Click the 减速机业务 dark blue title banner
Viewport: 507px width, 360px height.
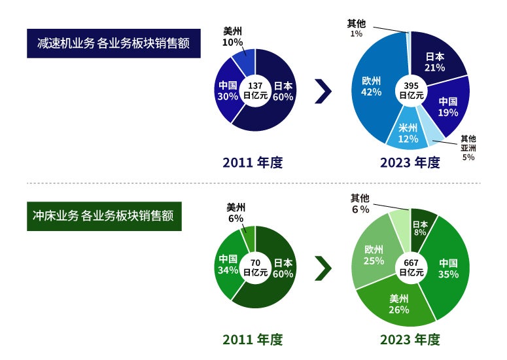(x=113, y=43)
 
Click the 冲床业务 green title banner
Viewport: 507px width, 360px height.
(x=104, y=216)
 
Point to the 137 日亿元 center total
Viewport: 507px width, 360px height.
(x=255, y=90)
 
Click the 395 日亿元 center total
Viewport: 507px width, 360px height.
(x=411, y=90)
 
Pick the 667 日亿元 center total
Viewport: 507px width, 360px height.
(x=411, y=268)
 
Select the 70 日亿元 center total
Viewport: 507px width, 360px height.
(x=255, y=268)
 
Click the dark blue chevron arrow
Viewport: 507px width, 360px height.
(x=323, y=91)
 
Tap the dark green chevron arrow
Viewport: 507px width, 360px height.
(x=323, y=268)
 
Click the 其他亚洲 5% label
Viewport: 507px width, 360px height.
(x=468, y=148)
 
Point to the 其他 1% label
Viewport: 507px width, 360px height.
(x=357, y=27)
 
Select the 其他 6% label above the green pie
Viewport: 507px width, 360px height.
(x=360, y=204)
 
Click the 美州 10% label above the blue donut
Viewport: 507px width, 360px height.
(x=232, y=37)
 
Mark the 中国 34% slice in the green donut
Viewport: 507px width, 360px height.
(x=228, y=264)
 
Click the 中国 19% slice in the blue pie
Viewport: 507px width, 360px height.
(x=448, y=107)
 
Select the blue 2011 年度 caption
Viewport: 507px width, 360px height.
(x=253, y=162)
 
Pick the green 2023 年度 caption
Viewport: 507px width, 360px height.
(x=410, y=340)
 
